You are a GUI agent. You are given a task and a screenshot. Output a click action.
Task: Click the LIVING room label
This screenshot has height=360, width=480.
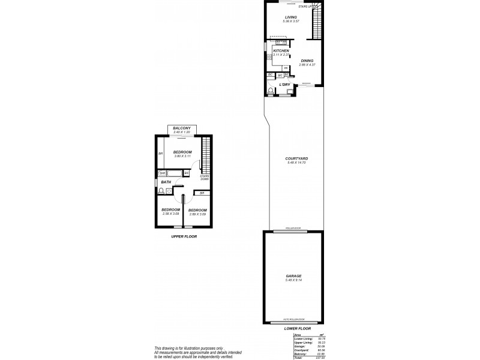point(291,18)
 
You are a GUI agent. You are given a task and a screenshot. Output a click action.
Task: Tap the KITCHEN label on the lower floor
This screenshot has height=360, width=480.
point(281,51)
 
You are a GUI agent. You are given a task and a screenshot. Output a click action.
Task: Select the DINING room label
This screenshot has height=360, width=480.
point(307,61)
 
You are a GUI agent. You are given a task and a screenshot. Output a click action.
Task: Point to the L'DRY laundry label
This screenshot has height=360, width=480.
point(285,85)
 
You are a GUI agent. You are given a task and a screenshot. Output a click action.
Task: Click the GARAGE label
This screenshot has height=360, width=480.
point(293,276)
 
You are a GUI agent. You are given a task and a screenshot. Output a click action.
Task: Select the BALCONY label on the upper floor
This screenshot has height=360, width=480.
point(182,128)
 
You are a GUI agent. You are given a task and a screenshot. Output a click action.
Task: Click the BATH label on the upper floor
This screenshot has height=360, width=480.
point(166,182)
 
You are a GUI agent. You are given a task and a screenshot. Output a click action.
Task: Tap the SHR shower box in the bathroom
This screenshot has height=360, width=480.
point(162,173)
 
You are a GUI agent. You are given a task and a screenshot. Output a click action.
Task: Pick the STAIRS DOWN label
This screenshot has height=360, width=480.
point(205,178)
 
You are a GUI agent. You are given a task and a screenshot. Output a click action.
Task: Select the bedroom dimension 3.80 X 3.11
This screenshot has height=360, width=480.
point(182,157)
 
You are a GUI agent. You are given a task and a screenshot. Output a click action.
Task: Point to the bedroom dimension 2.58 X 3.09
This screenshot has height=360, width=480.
point(170,214)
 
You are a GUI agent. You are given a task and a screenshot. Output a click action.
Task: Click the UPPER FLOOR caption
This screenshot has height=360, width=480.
point(184,236)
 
